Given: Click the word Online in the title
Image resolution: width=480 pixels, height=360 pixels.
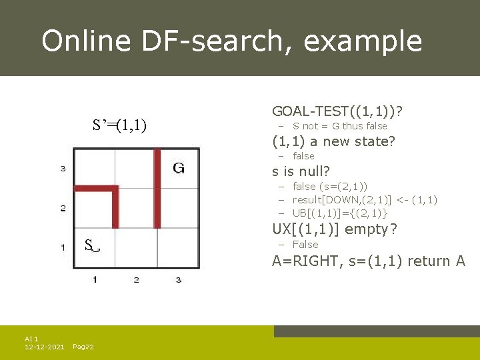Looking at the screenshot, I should pyautogui.click(x=85, y=41).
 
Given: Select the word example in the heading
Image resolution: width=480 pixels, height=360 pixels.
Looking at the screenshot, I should pyautogui.click(x=363, y=41).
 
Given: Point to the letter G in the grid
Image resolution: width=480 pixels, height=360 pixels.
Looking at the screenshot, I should pyautogui.click(x=178, y=167).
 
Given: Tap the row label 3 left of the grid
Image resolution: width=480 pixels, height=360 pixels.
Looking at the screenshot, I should pyautogui.click(x=63, y=169).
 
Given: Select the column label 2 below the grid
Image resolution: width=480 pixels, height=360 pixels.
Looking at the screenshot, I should pyautogui.click(x=136, y=279).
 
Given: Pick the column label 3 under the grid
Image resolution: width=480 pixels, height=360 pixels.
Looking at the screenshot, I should pyautogui.click(x=178, y=279).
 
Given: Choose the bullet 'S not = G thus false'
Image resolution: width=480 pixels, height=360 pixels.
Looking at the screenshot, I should pyautogui.click(x=339, y=126).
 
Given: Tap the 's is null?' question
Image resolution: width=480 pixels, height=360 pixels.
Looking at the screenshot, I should pyautogui.click(x=301, y=171).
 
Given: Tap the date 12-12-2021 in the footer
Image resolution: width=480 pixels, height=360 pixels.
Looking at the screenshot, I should pyautogui.click(x=44, y=347).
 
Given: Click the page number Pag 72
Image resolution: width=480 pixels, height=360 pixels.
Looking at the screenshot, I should pyautogui.click(x=83, y=347).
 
